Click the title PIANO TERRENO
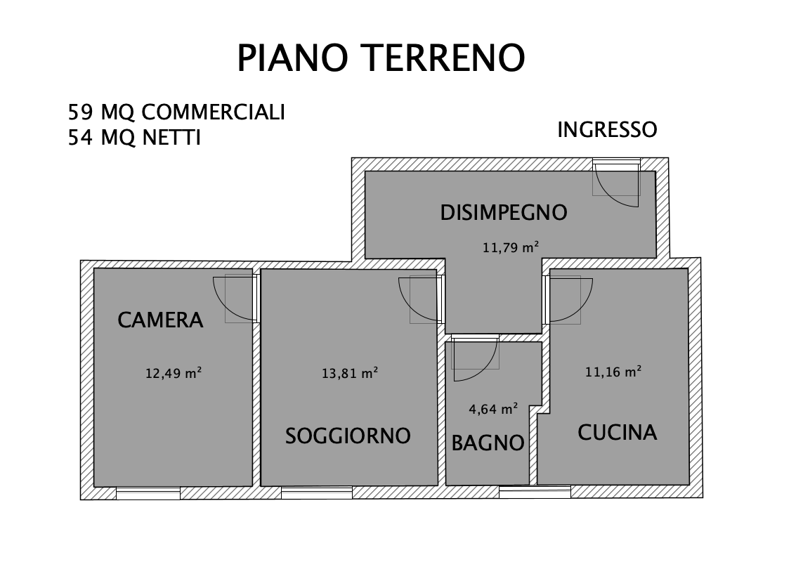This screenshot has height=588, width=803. pos(381,58)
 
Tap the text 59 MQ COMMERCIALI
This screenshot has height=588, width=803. pos(176,112)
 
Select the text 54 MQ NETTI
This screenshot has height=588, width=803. pos(134,138)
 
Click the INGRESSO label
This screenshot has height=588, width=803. pos(607,130)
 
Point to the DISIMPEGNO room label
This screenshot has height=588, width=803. pos(503,212)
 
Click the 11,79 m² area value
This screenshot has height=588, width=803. pos(510,247)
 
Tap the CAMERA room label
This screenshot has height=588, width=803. pos(160,320)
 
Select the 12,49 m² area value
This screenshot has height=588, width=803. pos(174,374)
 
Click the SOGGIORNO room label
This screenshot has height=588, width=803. pos(348,436)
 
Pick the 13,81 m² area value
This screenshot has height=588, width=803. pos(350,374)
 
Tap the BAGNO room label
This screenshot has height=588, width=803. pos(488,443)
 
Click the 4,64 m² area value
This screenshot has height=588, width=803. pos(493,408)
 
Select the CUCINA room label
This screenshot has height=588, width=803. pos(617,432)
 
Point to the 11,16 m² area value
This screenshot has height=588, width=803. pos(613,372)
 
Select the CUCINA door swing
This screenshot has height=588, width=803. pos(568,299)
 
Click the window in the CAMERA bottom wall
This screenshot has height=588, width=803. pos(148,492)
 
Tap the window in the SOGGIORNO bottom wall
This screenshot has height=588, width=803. pos(316,492)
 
